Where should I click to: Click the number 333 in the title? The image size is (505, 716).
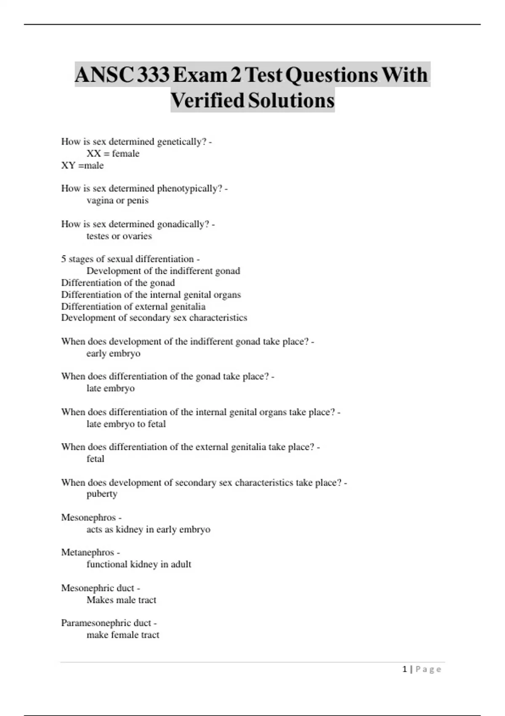pos(154,75)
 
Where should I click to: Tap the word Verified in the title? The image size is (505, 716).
pos(207,101)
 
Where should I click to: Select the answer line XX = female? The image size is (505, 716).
pos(113,154)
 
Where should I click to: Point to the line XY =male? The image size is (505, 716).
pos(82,166)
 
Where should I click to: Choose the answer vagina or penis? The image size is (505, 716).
pos(117,200)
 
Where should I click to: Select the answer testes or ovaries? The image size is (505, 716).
pos(119,236)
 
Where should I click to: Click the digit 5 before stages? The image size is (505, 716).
pos(64,259)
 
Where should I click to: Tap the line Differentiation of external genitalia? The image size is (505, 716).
pos(133,307)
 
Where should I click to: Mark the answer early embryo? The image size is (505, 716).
pos(113,353)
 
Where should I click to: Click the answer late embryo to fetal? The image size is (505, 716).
pos(126,424)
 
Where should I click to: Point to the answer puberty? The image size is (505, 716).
pos(102,494)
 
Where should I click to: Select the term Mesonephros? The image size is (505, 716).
pos(88,517)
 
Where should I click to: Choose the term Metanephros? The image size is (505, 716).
pos(88,552)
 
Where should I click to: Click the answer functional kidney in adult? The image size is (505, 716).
pos(139,564)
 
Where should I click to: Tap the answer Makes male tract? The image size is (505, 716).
pos(121,600)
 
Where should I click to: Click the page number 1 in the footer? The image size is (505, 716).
pos(405,669)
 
